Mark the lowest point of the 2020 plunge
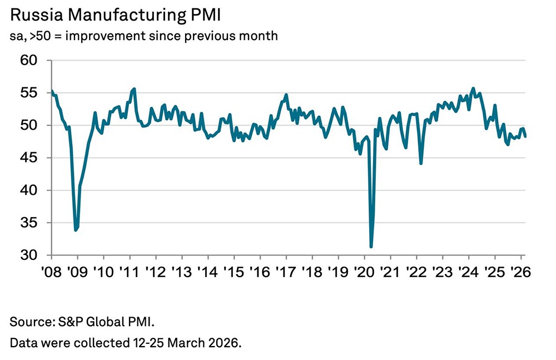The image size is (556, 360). pyautogui.click(x=371, y=246)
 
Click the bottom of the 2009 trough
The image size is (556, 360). pyautogui.click(x=76, y=229)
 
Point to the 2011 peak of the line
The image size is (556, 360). pyautogui.click(x=135, y=89)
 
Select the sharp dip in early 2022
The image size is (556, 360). pyautogui.click(x=421, y=163)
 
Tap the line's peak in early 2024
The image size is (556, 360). pyautogui.click(x=473, y=88)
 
